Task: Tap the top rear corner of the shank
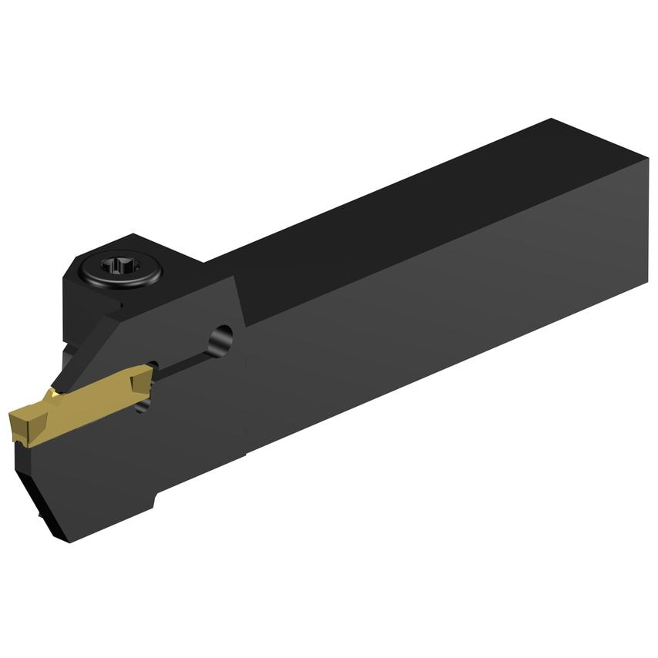point(552,121)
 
